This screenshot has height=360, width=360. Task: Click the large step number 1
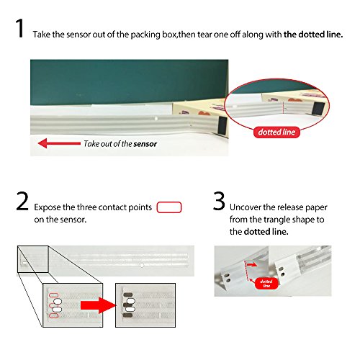[x=20, y=28]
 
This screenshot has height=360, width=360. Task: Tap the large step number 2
[x=22, y=201]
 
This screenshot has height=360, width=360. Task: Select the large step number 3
[x=219, y=201]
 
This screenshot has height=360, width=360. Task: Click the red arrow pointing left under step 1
[x=59, y=143]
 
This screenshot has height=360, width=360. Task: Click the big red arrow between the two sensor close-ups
[x=99, y=305]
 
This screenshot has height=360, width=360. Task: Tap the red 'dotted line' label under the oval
[x=276, y=132]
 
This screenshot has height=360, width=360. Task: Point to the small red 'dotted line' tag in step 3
[x=266, y=283]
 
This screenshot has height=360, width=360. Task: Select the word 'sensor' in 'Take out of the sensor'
[x=145, y=144]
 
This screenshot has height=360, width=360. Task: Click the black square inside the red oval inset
[x=318, y=108]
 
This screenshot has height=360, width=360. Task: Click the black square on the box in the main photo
[x=222, y=125]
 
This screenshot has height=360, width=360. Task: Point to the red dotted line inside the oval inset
[x=284, y=108]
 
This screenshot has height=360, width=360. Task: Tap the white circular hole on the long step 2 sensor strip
[x=142, y=265]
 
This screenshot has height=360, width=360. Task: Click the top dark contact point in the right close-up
[x=127, y=294]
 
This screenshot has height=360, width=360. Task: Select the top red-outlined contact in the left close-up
[x=53, y=295]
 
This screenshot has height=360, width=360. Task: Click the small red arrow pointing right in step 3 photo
[x=251, y=265]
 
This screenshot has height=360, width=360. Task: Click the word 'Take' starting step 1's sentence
[x=42, y=35]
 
